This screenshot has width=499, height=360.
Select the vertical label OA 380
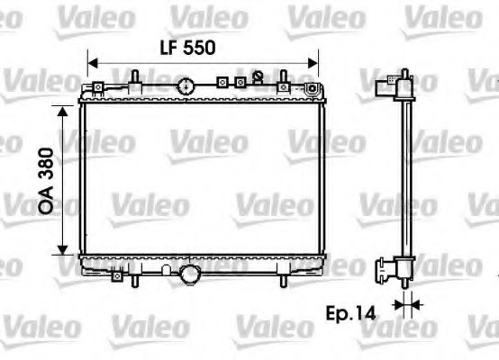pyautogui.click(x=46, y=180)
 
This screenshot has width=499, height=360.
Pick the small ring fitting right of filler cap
pyautogui.click(x=257, y=76)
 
